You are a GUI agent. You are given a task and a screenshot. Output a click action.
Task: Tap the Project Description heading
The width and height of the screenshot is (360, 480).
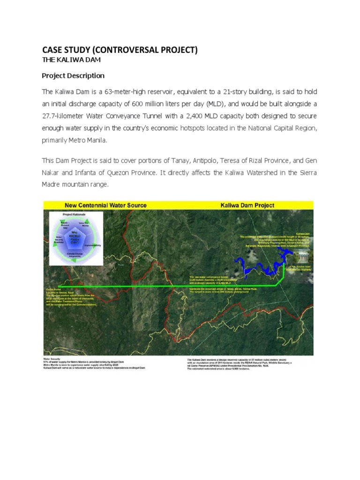click(x=73, y=75)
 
